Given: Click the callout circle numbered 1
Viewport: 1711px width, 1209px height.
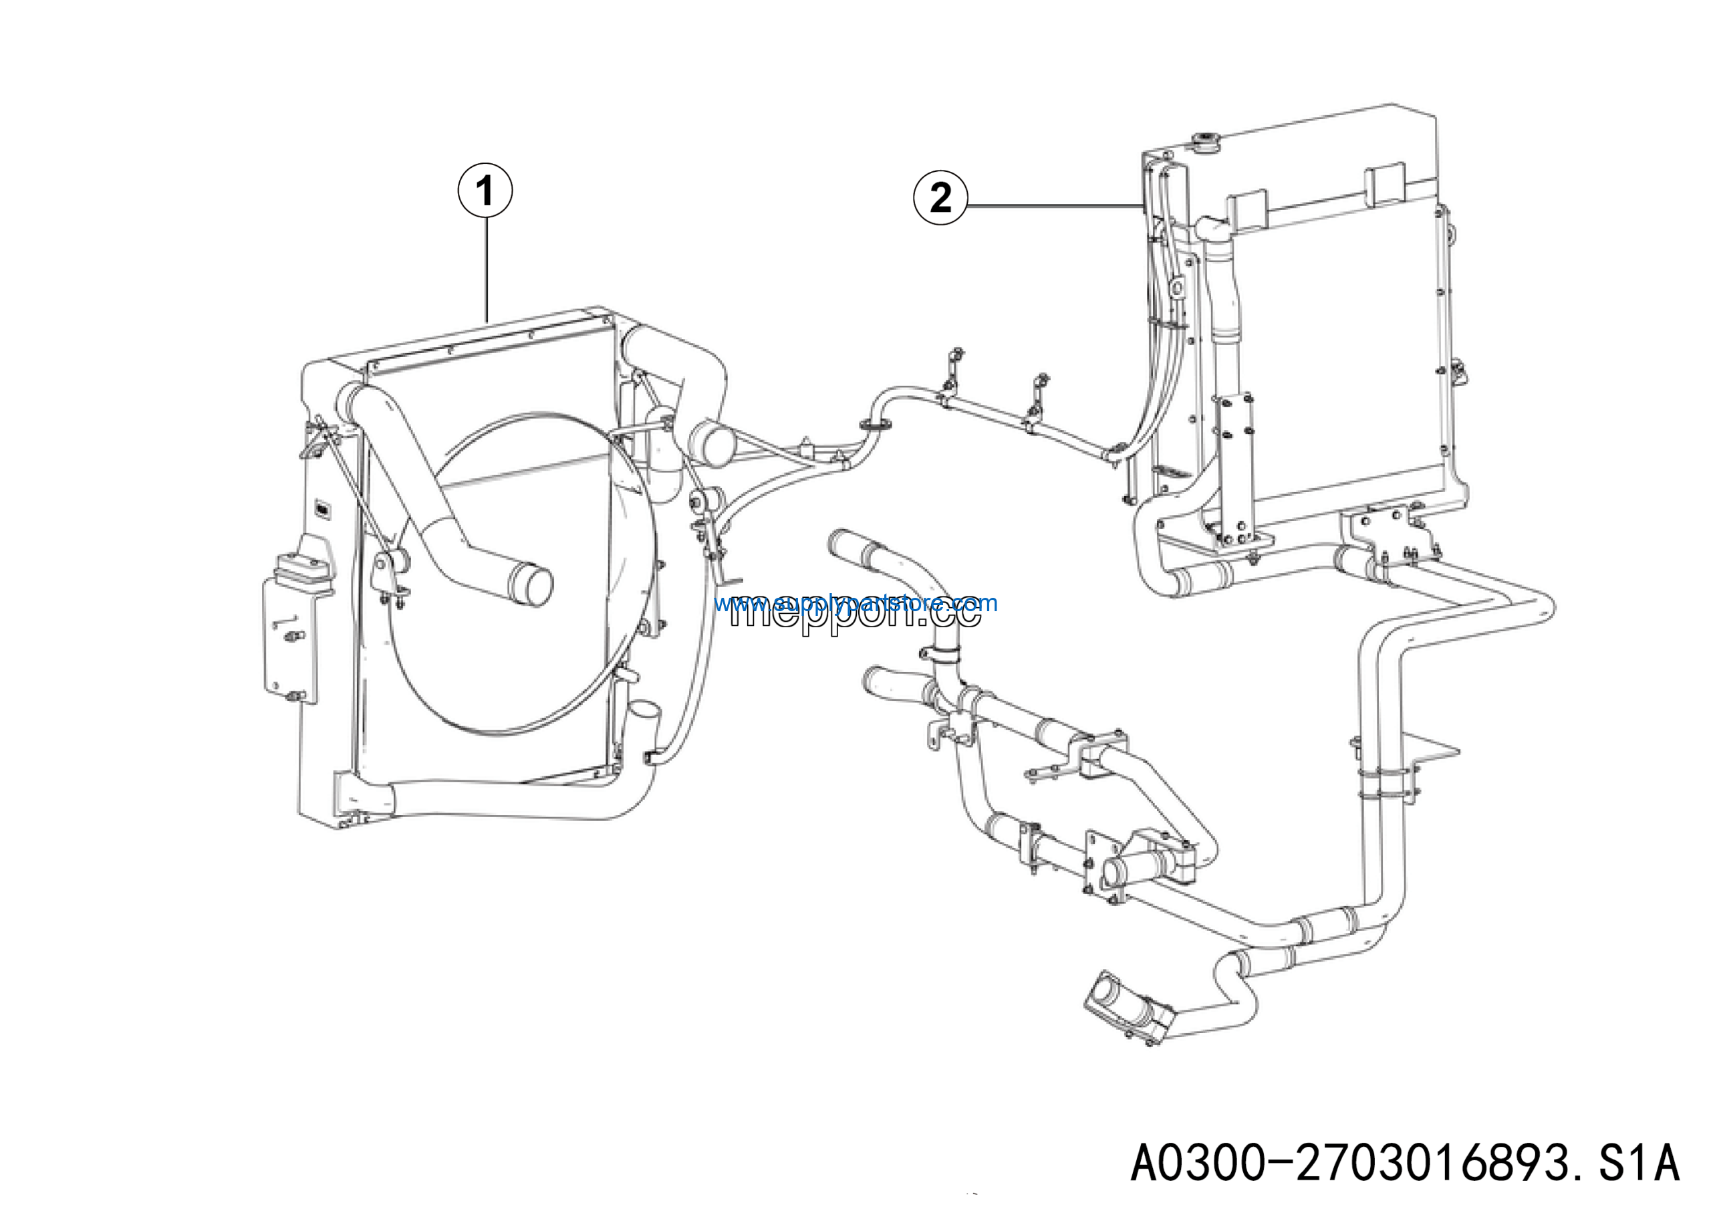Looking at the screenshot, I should pyautogui.click(x=485, y=191).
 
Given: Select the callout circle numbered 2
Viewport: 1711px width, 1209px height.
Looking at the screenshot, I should pyautogui.click(x=940, y=199).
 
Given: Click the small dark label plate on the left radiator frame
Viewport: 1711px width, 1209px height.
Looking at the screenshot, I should pyautogui.click(x=323, y=508).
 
